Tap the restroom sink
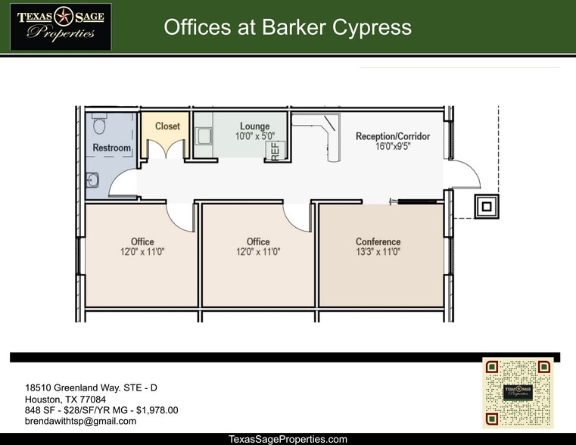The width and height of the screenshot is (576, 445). (92, 179)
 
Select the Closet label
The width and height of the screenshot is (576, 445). (167, 126)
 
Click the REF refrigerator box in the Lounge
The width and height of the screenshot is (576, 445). (276, 149)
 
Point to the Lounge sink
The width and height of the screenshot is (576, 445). (204, 135)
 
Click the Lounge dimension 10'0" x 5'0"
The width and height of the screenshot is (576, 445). (254, 136)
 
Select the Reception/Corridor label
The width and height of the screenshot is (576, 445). (393, 136)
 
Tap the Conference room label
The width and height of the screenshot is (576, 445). (378, 242)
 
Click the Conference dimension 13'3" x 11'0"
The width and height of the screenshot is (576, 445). (378, 252)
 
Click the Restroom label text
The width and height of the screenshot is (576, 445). (112, 148)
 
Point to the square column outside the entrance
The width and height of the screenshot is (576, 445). (486, 205)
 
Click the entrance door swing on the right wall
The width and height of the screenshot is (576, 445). (465, 176)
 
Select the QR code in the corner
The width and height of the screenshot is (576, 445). (518, 392)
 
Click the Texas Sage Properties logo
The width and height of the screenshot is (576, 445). (61, 26)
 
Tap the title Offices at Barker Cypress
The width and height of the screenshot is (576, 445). (288, 28)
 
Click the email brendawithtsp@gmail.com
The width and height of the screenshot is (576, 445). (81, 421)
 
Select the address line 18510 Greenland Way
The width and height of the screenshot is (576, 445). (92, 388)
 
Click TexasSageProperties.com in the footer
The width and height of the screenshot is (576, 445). (288, 439)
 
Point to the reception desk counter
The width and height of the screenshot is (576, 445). (332, 140)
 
